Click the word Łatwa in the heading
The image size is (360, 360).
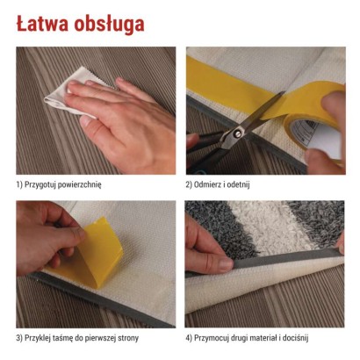click(x=42, y=24)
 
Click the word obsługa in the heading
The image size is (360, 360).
click(x=109, y=25)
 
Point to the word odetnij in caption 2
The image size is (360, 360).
click(x=239, y=184)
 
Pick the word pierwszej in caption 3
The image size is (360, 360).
click(x=100, y=338)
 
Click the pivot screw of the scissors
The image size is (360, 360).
click(x=237, y=134)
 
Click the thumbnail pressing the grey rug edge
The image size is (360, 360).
click(x=226, y=263)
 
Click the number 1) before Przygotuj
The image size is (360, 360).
click(x=19, y=185)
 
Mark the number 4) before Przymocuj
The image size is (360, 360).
click(x=189, y=338)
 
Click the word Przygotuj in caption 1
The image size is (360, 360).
click(x=40, y=185)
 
